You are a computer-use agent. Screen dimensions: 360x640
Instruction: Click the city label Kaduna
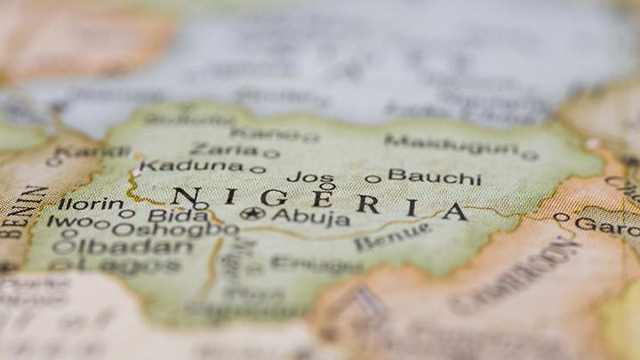(x=190, y=165)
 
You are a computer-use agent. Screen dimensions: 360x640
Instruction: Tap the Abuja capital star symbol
(x=253, y=213)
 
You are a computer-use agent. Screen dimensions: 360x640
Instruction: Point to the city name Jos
(x=310, y=177)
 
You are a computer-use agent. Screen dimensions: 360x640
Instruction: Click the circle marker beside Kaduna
(x=257, y=169)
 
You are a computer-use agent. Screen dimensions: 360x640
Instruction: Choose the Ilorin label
(x=90, y=204)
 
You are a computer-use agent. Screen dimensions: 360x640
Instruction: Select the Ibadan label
(x=134, y=247)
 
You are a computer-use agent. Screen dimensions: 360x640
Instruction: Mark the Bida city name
(x=178, y=214)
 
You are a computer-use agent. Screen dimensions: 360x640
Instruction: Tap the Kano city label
(x=265, y=134)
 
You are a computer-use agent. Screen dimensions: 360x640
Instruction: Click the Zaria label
(x=223, y=149)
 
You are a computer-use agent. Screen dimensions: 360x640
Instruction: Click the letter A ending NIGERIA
(x=454, y=212)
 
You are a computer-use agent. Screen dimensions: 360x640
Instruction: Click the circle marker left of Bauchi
(x=372, y=179)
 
